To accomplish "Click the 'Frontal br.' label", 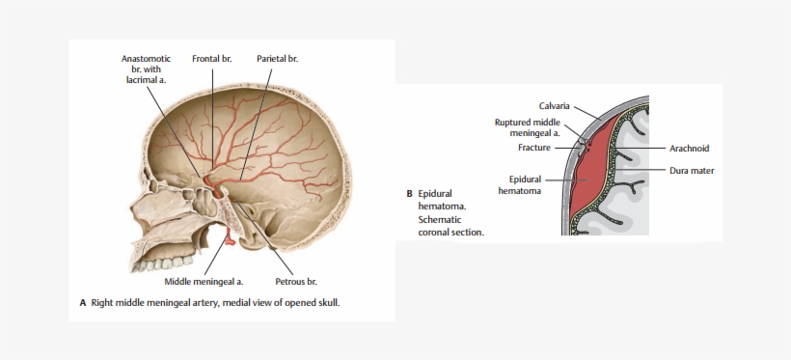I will [212, 59].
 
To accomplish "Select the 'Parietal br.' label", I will [277, 59].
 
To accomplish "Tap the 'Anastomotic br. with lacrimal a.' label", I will [146, 69].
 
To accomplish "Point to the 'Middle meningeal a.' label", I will [204, 282].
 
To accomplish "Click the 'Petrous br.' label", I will [296, 282].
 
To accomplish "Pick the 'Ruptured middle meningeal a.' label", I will [528, 127].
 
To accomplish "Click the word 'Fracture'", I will [533, 148].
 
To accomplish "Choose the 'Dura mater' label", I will [691, 170].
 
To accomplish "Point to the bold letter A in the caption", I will [83, 303].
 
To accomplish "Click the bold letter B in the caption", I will [409, 193].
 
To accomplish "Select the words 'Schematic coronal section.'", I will [450, 225].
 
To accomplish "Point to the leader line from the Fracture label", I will [567, 148].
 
